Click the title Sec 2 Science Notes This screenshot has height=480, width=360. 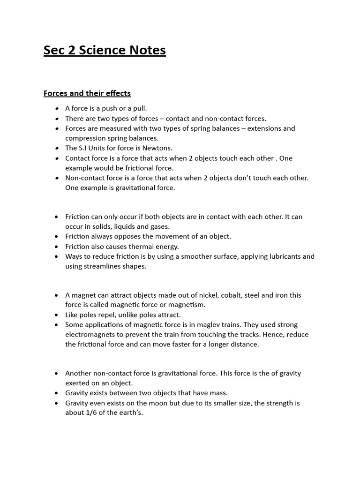tap(105, 51)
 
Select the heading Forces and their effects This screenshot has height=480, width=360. tap(87, 93)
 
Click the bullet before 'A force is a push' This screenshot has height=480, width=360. tap(56, 109)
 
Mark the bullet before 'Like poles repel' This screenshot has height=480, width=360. tap(56, 315)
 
